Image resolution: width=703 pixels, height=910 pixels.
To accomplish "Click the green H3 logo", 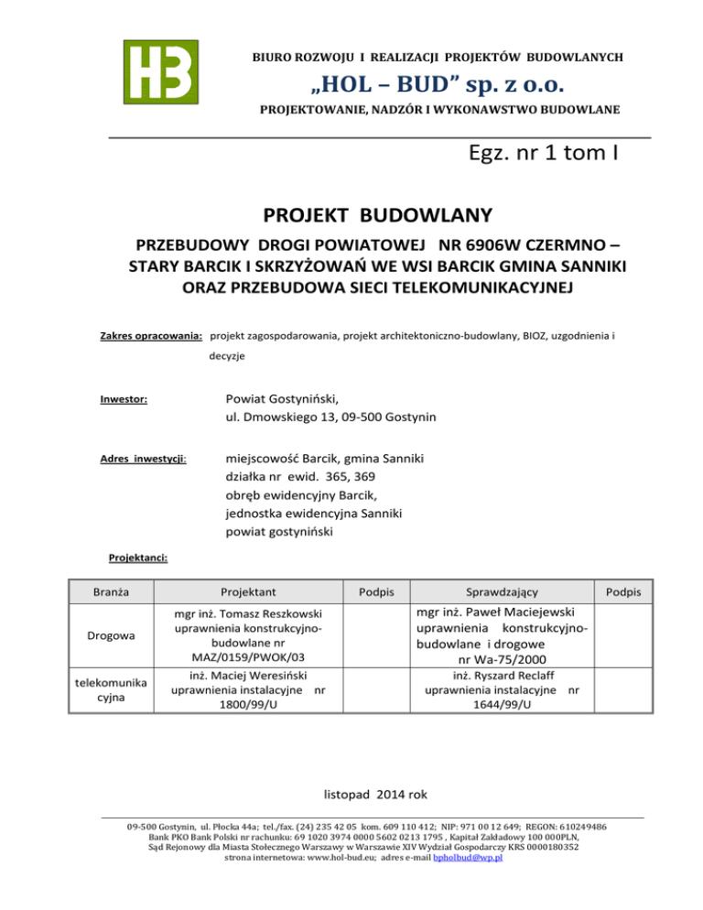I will (x=159, y=72).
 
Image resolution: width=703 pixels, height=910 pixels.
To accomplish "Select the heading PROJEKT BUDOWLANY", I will (x=379, y=216).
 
